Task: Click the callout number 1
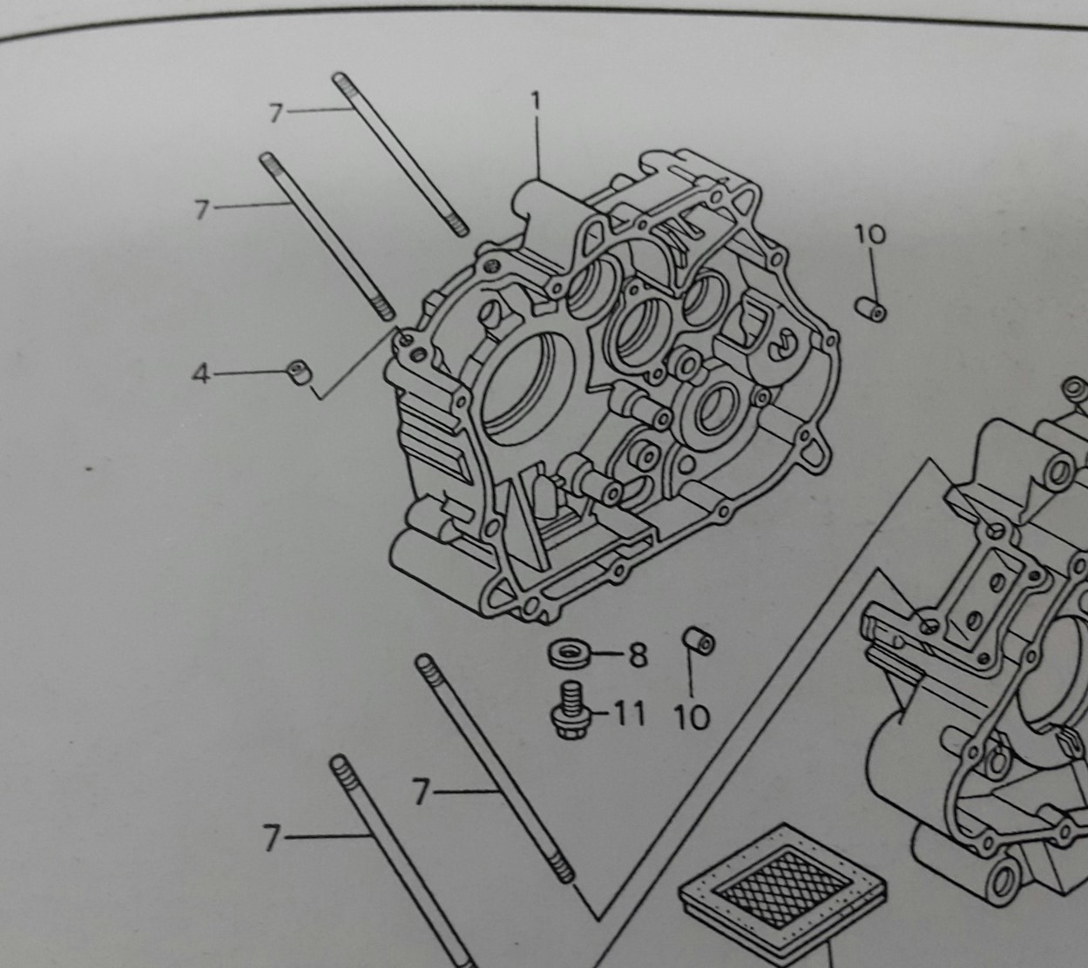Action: click(535, 103)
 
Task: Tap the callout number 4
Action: click(201, 374)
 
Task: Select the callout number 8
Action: click(639, 655)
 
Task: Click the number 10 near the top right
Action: click(869, 234)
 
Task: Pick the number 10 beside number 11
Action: click(693, 717)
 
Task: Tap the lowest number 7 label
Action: click(273, 838)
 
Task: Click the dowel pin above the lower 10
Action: click(698, 640)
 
